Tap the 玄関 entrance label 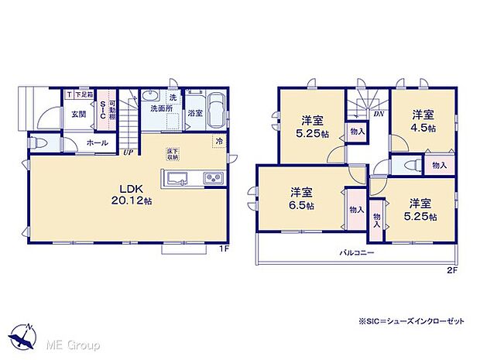coord(78,114)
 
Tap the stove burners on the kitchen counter coord(213,179)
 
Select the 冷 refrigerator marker coord(219,142)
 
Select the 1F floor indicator coord(223,249)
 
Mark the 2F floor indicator coord(451,269)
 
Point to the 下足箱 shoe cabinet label coord(84,94)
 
